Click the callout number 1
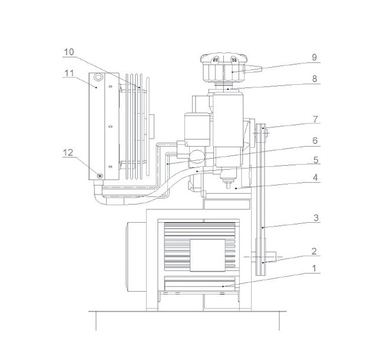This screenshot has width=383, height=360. click(x=315, y=268)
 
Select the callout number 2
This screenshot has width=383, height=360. click(x=315, y=252)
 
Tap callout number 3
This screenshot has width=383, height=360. click(x=316, y=217)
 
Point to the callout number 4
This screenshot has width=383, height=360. click(x=315, y=177)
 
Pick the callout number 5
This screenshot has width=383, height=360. click(x=316, y=160)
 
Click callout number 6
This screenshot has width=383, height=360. click(x=315, y=141)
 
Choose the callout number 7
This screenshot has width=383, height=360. click(x=316, y=120)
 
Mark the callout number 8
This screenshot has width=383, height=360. click(x=315, y=78)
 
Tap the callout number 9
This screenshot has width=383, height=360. click(x=315, y=57)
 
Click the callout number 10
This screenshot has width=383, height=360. click(x=68, y=52)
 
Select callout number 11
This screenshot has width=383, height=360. click(x=69, y=73)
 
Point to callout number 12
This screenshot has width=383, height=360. click(x=68, y=153)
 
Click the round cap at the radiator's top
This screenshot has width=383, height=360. click(x=98, y=77)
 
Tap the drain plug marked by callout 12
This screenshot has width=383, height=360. click(x=100, y=176)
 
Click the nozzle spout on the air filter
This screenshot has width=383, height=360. click(x=253, y=68)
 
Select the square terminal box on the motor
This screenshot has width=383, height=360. click(x=207, y=255)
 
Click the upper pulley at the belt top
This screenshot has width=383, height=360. click(x=260, y=134)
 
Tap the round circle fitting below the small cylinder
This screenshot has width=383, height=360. click(x=197, y=156)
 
